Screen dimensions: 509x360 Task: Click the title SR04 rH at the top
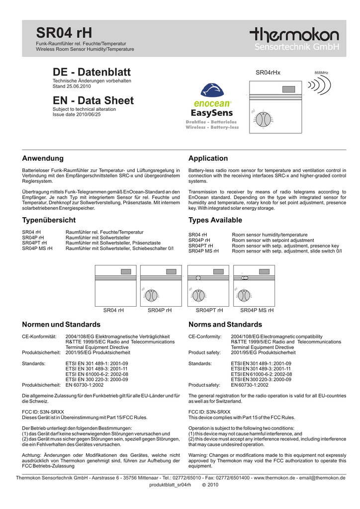tap(65, 34)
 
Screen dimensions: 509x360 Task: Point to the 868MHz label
tap(322, 73)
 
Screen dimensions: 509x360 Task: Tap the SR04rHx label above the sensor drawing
tap(268, 73)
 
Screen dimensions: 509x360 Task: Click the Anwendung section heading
tap(43, 159)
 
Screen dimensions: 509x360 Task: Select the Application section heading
tap(208, 159)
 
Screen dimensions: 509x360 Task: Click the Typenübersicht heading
tap(49, 220)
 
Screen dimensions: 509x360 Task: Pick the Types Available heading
tap(215, 220)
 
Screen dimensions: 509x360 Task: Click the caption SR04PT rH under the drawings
tap(209, 310)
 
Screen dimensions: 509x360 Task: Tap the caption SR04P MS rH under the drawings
tap(257, 310)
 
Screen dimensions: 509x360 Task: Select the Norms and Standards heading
tap(225, 325)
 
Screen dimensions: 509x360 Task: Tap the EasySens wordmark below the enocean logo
tap(212, 113)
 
